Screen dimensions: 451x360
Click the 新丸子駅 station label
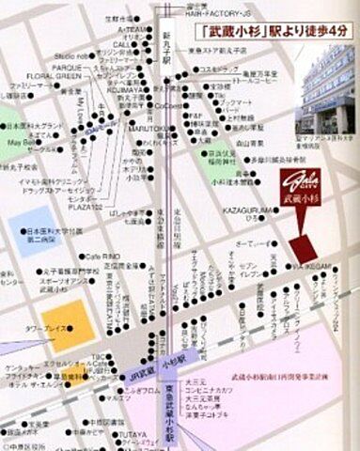click(166, 45)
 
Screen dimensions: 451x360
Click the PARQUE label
click(69, 67)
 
